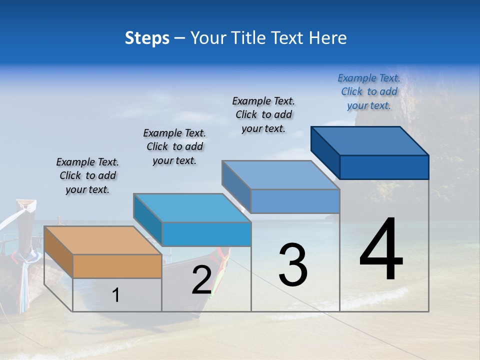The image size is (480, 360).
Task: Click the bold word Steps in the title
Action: coord(147,37)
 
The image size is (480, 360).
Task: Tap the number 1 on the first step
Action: coord(116,295)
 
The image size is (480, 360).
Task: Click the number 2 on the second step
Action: coord(201,280)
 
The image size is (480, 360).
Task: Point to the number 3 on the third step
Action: coord(293,265)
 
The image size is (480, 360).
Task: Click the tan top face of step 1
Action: coord(102,240)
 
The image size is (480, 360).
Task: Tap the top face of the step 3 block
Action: coord(280,175)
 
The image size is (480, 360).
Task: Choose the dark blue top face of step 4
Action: coord(369,140)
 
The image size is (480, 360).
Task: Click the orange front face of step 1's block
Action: coord(117,266)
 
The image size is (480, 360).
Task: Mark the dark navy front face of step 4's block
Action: coord(384,167)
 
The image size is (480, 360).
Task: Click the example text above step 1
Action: coord(87,176)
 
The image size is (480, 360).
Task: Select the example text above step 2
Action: coord(174,147)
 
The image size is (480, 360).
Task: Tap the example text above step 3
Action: coord(263,114)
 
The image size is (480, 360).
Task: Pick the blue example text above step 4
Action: coord(369,91)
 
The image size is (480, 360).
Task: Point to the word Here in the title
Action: coord(328,37)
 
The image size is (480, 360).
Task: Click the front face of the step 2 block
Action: coord(206,234)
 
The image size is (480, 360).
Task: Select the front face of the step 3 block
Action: coord(295,201)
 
